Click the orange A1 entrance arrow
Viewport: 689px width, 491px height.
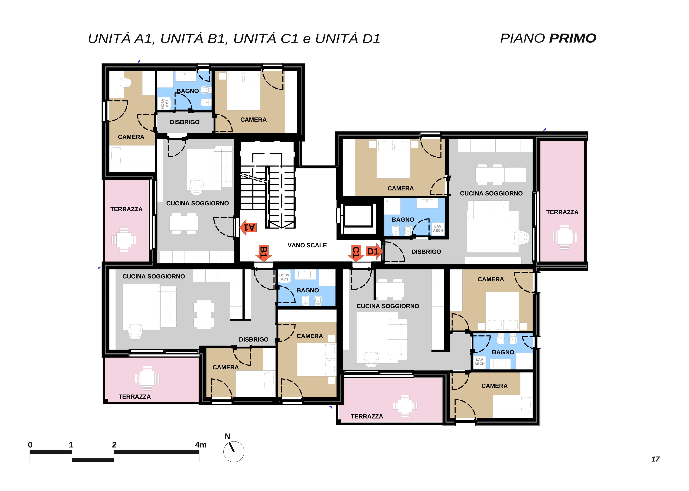click(x=248, y=227)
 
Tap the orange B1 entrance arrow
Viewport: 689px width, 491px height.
click(x=263, y=253)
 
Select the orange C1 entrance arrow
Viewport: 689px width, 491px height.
click(x=356, y=253)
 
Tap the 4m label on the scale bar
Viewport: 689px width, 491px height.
click(x=201, y=445)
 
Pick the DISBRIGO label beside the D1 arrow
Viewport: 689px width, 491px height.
click(x=426, y=252)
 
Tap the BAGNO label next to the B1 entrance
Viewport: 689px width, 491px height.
click(x=308, y=290)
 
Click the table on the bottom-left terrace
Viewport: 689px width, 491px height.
click(x=147, y=378)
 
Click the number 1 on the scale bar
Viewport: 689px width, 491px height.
click(x=71, y=445)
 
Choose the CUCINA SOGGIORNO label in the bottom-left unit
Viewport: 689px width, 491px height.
click(x=154, y=276)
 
